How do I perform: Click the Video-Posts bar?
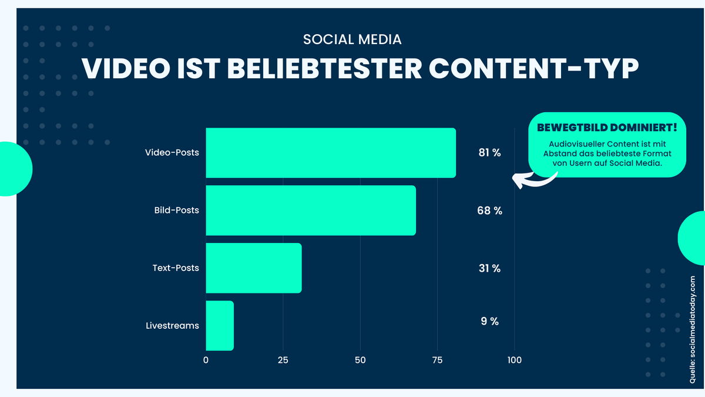(x=331, y=153)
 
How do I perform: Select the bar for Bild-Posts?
(x=311, y=211)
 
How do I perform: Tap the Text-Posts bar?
(x=254, y=268)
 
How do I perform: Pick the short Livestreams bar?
(x=220, y=326)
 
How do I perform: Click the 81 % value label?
(x=489, y=153)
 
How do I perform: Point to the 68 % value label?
(x=489, y=211)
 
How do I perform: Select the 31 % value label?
(x=489, y=268)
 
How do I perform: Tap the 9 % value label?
(x=489, y=321)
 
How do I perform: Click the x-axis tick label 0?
(x=206, y=360)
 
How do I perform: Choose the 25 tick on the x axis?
(x=283, y=360)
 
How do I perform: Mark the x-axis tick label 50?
(x=360, y=360)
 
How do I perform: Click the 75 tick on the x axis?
(x=437, y=360)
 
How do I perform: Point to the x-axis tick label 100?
(x=515, y=360)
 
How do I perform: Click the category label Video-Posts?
(x=172, y=153)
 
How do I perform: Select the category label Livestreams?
(x=172, y=326)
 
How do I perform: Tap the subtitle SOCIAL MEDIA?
(x=352, y=39)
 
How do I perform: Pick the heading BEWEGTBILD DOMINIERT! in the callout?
(x=607, y=128)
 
